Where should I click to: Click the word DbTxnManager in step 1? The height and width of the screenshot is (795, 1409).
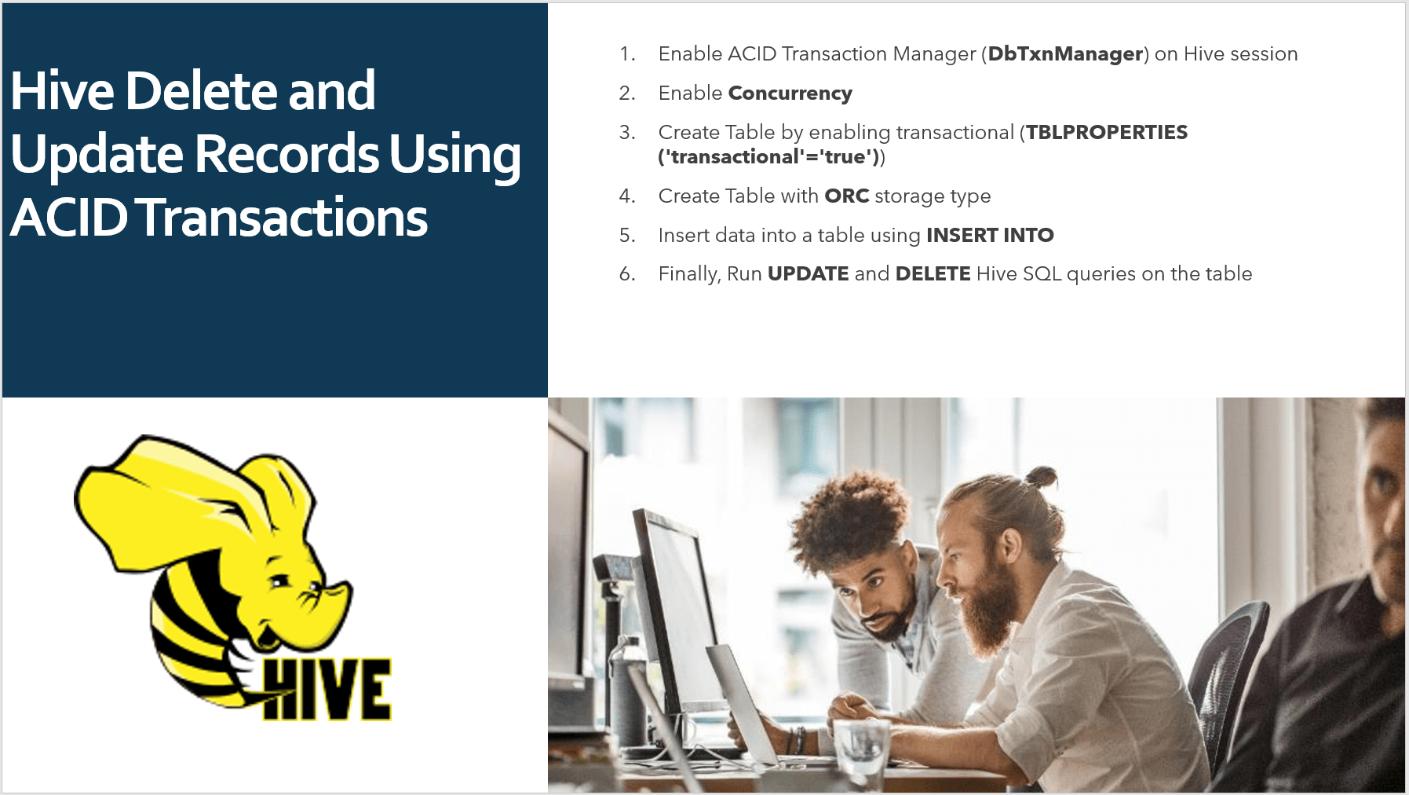pyautogui.click(x=1065, y=54)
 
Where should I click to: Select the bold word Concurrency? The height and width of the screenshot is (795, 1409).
pyautogui.click(x=790, y=93)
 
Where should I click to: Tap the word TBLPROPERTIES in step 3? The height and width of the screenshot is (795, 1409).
pyautogui.click(x=1107, y=132)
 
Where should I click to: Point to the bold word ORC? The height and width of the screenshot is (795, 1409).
pyautogui.click(x=846, y=196)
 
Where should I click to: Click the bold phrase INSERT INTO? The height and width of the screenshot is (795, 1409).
pyautogui.click(x=990, y=235)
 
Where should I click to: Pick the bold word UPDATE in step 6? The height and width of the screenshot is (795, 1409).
pyautogui.click(x=808, y=273)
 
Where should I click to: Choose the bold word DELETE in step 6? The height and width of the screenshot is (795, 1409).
pyautogui.click(x=933, y=273)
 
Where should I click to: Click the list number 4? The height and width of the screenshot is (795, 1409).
pyautogui.click(x=626, y=196)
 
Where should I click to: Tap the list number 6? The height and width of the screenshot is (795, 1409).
pyautogui.click(x=626, y=273)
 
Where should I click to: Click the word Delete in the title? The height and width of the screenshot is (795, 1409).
pyautogui.click(x=201, y=91)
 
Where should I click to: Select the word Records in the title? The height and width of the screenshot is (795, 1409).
pyautogui.click(x=287, y=154)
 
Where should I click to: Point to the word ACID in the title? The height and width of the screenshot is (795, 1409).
pyautogui.click(x=69, y=218)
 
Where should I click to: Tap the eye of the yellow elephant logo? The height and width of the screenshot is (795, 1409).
pyautogui.click(x=279, y=582)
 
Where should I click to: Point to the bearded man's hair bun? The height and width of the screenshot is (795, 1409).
pyautogui.click(x=1041, y=476)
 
